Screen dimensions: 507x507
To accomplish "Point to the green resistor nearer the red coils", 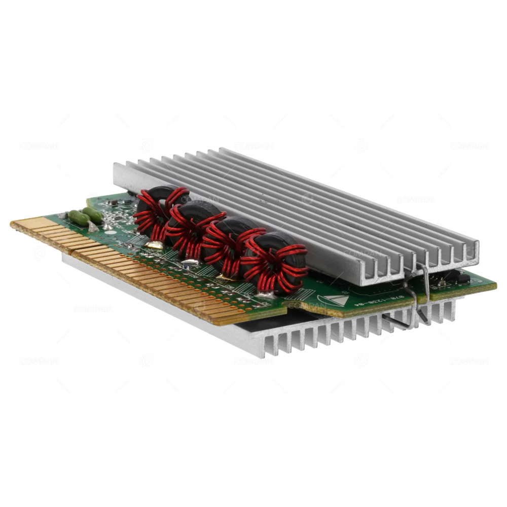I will click(93, 214).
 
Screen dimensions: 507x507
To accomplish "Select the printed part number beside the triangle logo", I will click(378, 294).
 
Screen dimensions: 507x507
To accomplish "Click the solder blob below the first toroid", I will click(155, 245).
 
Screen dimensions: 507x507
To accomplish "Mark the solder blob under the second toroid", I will click(190, 264).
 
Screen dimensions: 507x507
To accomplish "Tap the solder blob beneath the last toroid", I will click(264, 293).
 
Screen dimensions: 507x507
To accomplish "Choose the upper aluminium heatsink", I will click(304, 203).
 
